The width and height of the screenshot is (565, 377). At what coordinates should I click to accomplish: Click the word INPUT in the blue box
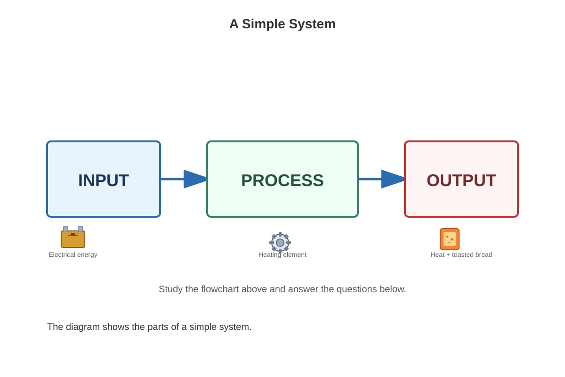104,180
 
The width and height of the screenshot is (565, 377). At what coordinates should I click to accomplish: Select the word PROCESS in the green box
282,180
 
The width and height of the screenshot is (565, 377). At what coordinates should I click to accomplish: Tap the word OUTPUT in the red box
461,180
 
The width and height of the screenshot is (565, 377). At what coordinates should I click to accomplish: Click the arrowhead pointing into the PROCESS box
195,179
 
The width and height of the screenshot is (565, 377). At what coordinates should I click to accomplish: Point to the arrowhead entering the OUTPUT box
393,179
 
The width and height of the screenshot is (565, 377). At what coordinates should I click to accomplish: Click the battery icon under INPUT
73,237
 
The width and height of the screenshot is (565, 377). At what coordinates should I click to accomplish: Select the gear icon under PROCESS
280,242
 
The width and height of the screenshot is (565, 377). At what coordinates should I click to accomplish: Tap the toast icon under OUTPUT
450,239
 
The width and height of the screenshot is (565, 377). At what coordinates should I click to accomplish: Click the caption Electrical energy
73,254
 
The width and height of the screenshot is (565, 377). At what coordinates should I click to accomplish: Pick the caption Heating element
282,254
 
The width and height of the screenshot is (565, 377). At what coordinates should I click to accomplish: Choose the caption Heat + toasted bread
461,254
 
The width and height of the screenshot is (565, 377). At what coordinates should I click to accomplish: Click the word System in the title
312,24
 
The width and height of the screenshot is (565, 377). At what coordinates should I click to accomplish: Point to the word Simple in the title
264,24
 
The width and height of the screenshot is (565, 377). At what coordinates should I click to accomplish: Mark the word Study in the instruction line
171,289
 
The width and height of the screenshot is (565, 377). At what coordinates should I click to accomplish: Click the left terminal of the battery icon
65,229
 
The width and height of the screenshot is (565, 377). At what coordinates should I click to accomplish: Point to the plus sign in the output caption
448,255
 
